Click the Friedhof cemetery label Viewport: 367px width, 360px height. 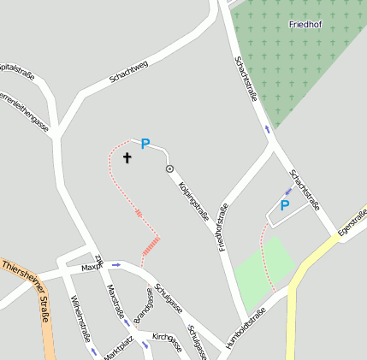305,25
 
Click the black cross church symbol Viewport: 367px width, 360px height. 127,157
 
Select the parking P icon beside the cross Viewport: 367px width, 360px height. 145,145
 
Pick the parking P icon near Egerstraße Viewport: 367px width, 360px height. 285,205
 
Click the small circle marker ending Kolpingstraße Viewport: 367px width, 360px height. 169,168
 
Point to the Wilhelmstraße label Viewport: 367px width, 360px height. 81,318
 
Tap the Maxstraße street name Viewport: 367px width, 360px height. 115,299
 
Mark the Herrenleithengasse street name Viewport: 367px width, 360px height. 23,110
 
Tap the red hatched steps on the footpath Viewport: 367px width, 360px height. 151,247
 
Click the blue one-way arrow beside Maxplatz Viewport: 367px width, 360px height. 116,265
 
